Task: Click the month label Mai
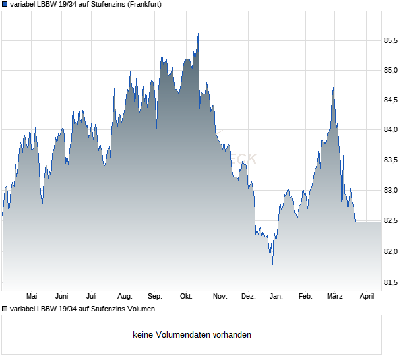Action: [31, 297]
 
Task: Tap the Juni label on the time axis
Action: [62, 297]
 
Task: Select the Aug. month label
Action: [125, 297]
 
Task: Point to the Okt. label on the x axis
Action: [186, 297]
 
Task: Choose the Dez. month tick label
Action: [248, 297]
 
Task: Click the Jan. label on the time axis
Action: [276, 297]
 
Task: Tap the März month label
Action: [336, 297]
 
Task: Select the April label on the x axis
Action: [366, 297]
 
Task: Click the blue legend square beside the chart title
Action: [5, 4]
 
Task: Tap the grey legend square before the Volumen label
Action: [5, 309]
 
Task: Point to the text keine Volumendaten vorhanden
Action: [191, 335]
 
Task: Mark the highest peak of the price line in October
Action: [198, 34]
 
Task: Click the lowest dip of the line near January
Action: [272, 264]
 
